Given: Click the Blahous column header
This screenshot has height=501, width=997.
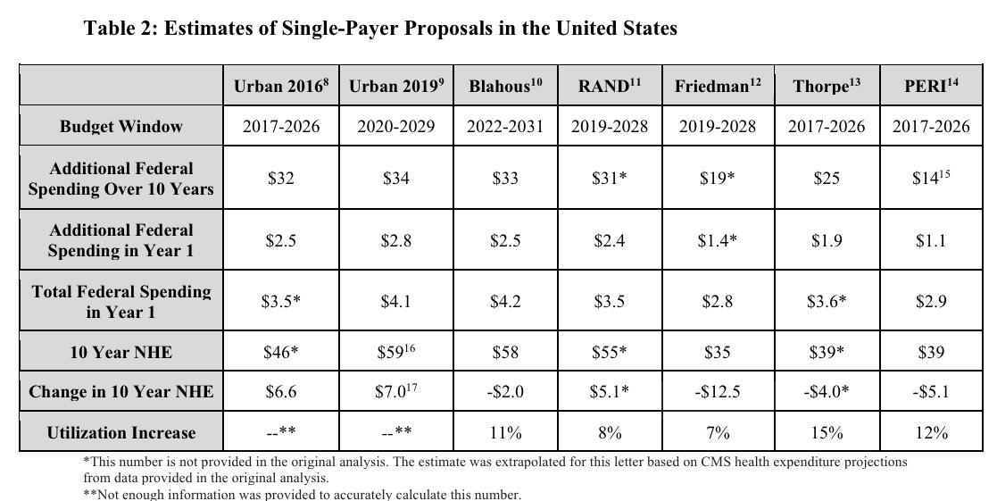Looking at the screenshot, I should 504,86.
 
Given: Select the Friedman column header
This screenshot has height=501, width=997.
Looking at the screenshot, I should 718,86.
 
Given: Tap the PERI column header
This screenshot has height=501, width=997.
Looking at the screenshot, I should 930,86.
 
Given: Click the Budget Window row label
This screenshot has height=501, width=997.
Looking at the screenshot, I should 120,126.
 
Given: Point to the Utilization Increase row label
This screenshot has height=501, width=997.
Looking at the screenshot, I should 120,433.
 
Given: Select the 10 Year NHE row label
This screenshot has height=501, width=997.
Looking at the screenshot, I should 120,352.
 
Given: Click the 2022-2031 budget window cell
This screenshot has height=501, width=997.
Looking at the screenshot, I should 504,126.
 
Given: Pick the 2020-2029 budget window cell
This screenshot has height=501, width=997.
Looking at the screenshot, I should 395,126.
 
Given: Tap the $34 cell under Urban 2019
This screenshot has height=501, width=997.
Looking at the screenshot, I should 395,179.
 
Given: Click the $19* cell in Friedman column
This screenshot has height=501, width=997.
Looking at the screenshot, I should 718,179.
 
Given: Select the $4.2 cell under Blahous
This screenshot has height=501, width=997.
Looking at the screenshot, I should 504,302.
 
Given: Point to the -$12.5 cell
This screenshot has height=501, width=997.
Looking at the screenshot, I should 718,392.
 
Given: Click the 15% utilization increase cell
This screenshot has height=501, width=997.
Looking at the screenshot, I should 827,433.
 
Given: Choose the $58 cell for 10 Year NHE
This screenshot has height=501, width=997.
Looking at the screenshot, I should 504,352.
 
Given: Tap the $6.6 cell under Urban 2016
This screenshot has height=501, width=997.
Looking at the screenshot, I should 280,392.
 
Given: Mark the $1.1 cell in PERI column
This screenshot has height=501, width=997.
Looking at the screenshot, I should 930,240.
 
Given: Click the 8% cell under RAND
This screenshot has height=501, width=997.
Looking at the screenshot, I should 610,433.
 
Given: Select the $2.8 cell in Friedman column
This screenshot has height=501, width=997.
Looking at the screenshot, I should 718,302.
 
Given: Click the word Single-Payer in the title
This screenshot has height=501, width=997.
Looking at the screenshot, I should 342,29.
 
